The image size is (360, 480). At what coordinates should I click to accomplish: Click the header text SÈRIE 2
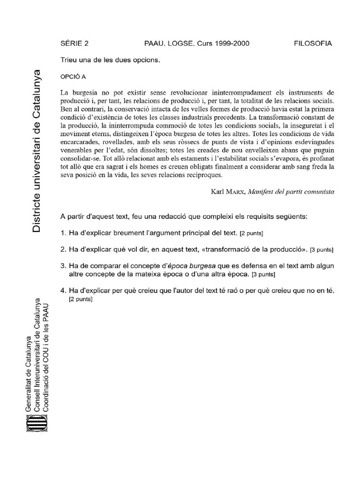point(75,44)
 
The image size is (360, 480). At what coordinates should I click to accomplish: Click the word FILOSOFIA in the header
point(313,44)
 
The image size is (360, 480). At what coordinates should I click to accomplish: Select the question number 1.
point(63,232)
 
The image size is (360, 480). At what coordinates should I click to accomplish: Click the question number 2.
point(63,248)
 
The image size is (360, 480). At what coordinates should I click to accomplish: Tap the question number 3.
point(63,266)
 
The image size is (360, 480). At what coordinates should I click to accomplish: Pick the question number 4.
point(63,291)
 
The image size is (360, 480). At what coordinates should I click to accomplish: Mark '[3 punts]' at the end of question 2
point(322,249)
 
